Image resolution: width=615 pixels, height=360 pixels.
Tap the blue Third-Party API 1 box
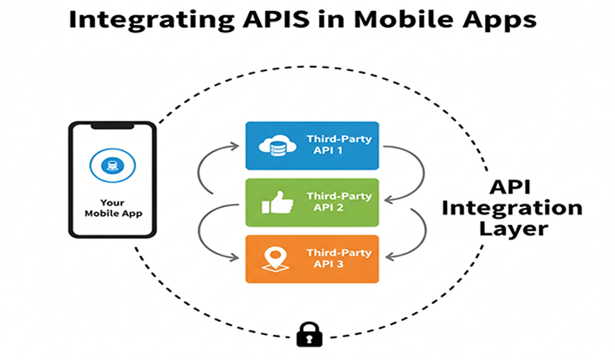coord(312,145)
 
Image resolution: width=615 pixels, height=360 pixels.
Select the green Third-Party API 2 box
coord(312,202)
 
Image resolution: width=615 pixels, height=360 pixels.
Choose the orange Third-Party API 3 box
coord(312,259)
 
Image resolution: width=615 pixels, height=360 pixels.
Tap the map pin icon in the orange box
coord(273,259)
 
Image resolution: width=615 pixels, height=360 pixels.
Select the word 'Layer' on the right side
coord(517,228)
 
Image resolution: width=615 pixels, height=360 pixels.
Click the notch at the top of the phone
coord(112,128)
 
